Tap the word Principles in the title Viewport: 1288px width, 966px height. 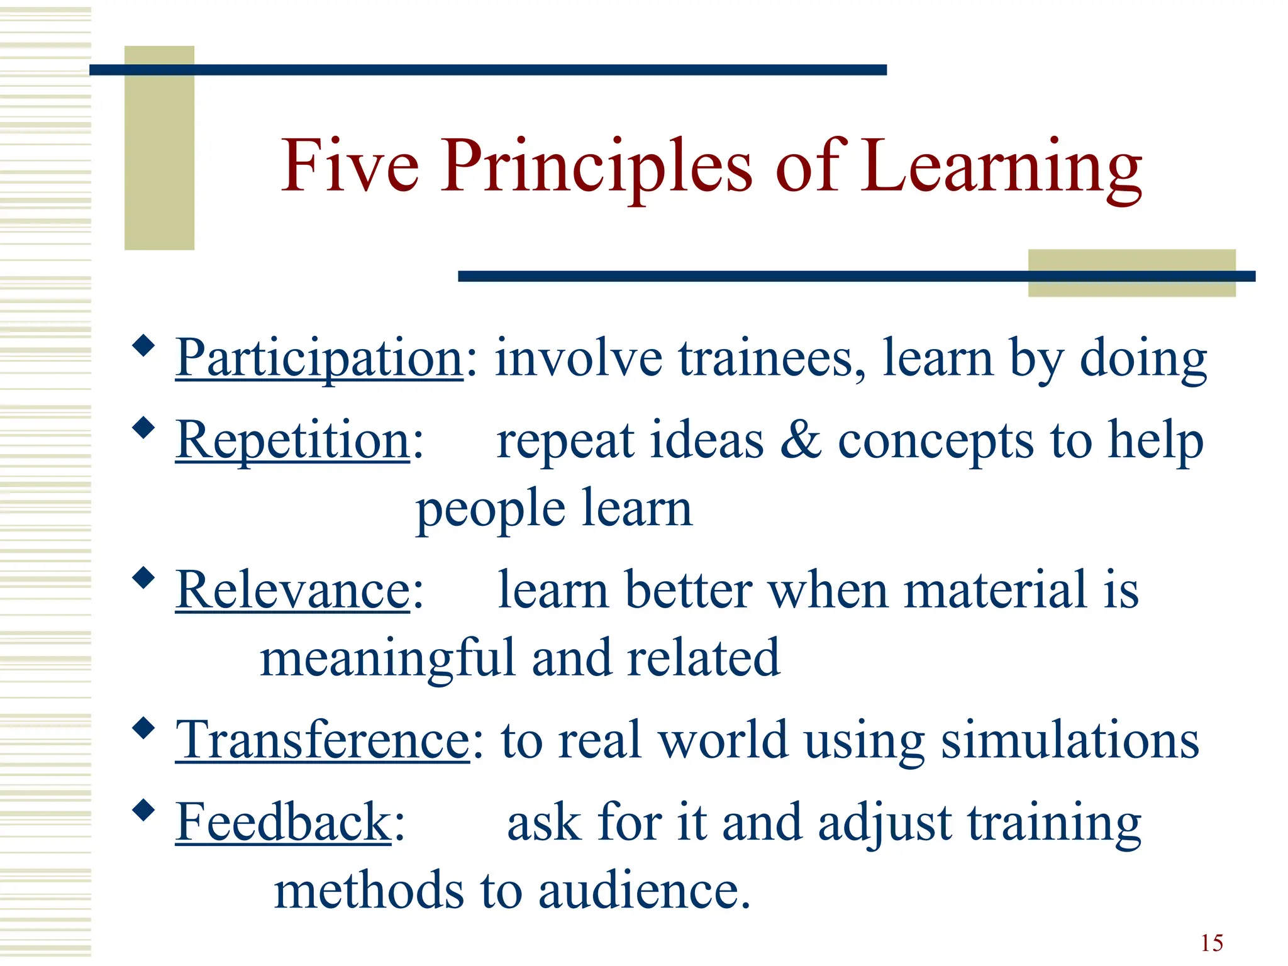(x=596, y=167)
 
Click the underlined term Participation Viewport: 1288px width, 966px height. (x=319, y=358)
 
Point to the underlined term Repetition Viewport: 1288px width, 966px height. (x=293, y=440)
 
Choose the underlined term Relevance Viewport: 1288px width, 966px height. (x=293, y=590)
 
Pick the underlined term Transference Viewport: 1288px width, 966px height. (x=322, y=740)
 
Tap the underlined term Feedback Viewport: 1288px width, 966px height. (x=284, y=822)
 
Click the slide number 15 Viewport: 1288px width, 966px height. (x=1211, y=943)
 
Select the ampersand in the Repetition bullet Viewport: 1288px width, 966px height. (x=801, y=440)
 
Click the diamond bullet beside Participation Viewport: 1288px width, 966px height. (x=144, y=345)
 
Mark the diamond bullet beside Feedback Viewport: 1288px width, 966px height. (x=144, y=810)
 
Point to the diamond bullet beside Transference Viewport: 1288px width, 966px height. (x=144, y=728)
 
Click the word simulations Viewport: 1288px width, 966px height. (x=1070, y=740)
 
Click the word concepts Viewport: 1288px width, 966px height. (x=935, y=441)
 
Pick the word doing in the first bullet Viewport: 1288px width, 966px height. (x=1143, y=359)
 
